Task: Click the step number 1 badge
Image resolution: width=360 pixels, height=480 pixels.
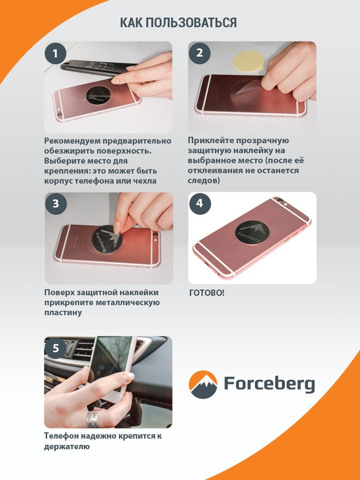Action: pos(56,54)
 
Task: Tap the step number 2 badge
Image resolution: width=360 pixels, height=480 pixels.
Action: pos(200,53)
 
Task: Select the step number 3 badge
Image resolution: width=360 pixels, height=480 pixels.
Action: pos(56,204)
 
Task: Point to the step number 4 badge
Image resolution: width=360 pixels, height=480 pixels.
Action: pos(200,203)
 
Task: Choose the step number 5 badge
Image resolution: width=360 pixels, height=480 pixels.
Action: pos(56,348)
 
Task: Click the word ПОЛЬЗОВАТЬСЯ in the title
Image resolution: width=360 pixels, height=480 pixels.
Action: pos(191,22)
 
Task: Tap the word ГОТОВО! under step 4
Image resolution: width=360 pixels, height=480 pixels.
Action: pos(206,293)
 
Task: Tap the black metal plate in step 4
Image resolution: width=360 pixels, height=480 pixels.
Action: pos(251,234)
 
